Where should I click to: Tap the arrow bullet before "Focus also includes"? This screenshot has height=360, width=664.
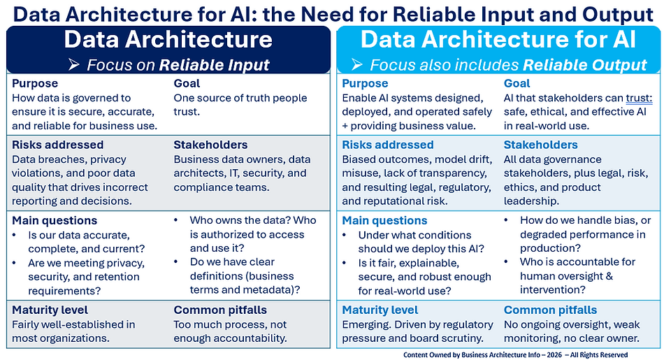[x=356, y=66]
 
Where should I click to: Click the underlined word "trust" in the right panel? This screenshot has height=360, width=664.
[x=638, y=99]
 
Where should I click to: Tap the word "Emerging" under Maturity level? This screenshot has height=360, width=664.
[x=366, y=324]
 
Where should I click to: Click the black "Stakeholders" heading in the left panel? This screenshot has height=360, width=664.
[x=210, y=145]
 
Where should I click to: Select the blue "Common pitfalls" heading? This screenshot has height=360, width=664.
[x=550, y=310]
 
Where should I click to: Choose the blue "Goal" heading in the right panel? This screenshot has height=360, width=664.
[x=517, y=83]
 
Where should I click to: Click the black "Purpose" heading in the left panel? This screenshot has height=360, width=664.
[x=36, y=83]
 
